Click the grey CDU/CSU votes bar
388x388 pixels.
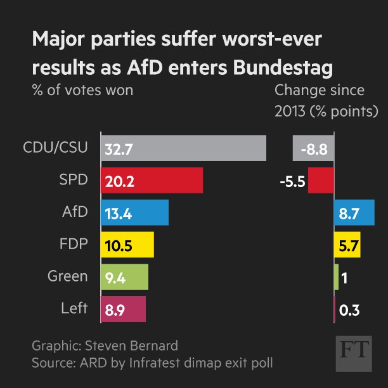click(x=183, y=148)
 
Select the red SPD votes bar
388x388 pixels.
click(x=152, y=181)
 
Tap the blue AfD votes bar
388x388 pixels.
click(x=134, y=212)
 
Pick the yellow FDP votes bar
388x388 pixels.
click(x=127, y=245)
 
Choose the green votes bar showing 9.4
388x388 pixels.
click(x=124, y=277)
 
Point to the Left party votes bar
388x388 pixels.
click(x=123, y=309)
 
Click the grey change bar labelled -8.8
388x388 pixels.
click(x=313, y=148)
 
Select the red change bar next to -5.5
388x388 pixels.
click(x=321, y=181)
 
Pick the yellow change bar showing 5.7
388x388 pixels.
click(x=347, y=245)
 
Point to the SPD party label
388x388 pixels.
click(x=75, y=180)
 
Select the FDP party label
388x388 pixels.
click(x=74, y=244)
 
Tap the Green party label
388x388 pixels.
click(x=67, y=276)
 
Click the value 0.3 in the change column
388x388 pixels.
click(x=349, y=310)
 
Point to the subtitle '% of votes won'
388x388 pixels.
click(x=82, y=90)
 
